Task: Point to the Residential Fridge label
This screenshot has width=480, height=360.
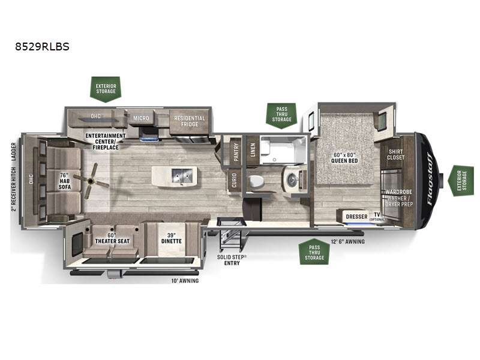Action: pyautogui.click(x=190, y=121)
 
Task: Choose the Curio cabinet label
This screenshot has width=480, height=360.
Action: pyautogui.click(x=233, y=182)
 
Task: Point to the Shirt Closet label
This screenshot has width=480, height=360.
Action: pyautogui.click(x=396, y=154)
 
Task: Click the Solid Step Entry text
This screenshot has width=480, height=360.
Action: pyautogui.click(x=231, y=259)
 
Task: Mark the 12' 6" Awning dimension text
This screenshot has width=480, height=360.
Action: pyautogui.click(x=347, y=241)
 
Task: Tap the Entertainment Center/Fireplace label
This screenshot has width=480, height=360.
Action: pyautogui.click(x=105, y=139)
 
